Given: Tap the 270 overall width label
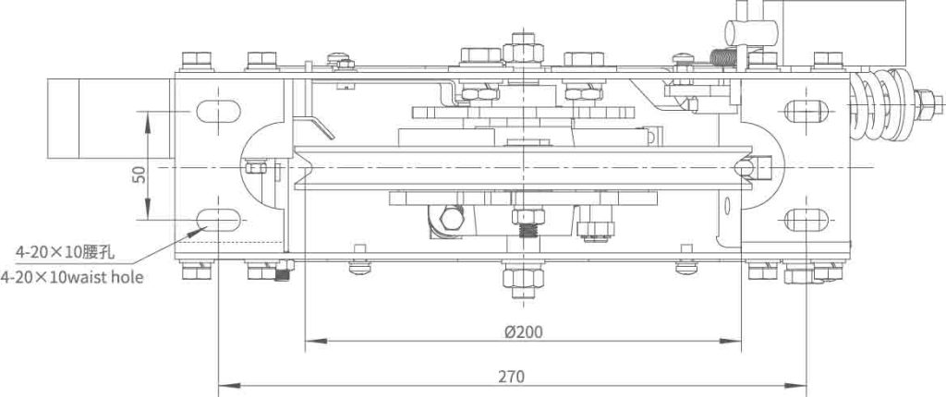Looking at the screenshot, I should (513, 376).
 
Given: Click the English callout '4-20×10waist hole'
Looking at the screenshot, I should (72, 276).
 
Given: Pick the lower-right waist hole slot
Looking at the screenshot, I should (807, 220).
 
